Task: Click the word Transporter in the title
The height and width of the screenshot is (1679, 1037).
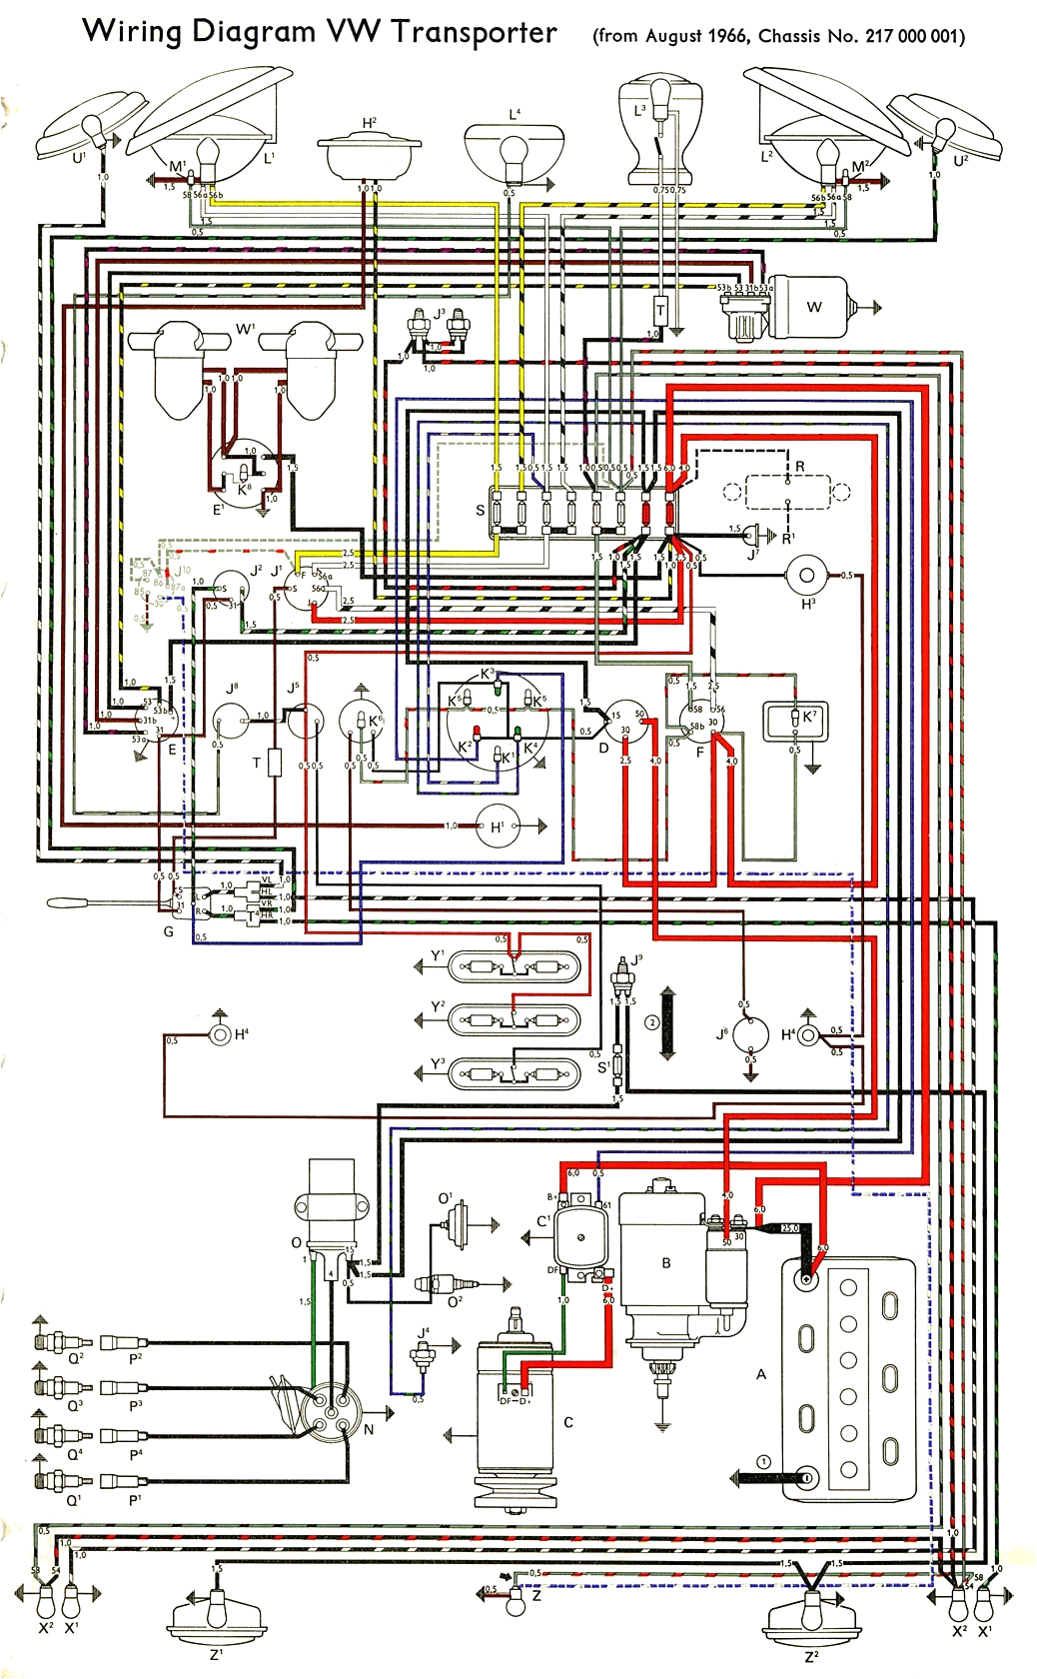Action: pos(474,32)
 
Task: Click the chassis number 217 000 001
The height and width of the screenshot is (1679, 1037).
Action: pos(910,37)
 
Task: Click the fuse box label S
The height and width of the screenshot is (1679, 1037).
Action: pos(481,510)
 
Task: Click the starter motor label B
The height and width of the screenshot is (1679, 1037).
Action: pos(666,1263)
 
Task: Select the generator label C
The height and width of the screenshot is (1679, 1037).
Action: pos(568,1422)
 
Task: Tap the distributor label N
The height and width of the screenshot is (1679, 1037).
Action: pos(368,1430)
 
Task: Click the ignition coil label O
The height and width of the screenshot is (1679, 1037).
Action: pos(296,1242)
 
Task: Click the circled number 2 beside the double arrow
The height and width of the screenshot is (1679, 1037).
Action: pos(652,1022)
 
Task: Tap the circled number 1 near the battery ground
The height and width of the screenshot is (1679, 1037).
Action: pos(764,1462)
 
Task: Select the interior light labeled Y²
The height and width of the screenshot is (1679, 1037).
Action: pos(514,1020)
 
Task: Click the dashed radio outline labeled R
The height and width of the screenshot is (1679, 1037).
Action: pos(787,492)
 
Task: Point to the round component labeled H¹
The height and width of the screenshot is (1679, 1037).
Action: pos(497,827)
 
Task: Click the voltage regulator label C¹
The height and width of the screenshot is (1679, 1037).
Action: pos(543,1221)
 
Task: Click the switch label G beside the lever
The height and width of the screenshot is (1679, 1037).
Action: pos(168,931)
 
